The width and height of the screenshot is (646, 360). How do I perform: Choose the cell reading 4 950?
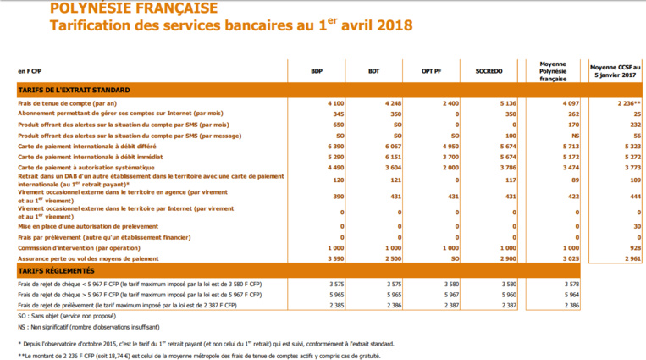(x=449, y=147)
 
